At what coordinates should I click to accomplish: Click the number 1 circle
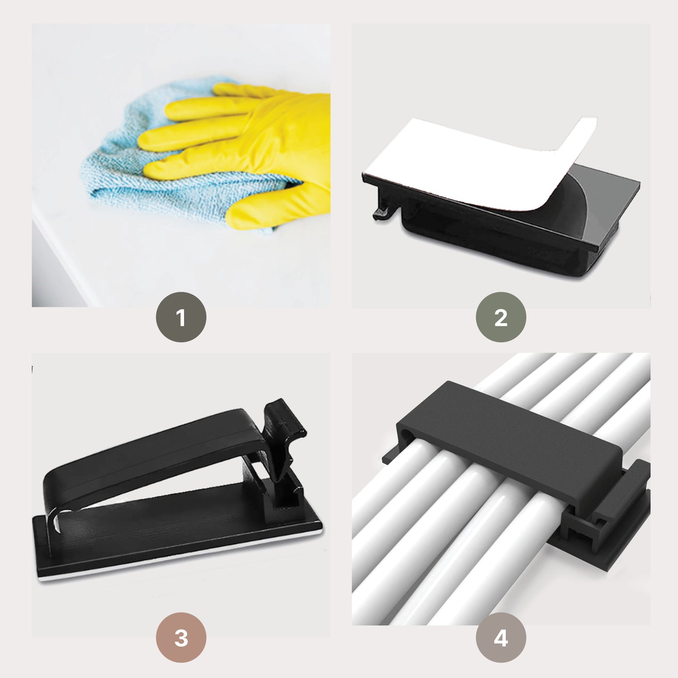(x=181, y=317)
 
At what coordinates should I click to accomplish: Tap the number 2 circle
(x=501, y=317)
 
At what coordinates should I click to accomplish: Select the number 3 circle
(x=181, y=637)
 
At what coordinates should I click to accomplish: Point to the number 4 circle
(x=501, y=637)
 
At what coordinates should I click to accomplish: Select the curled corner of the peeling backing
(x=579, y=136)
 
